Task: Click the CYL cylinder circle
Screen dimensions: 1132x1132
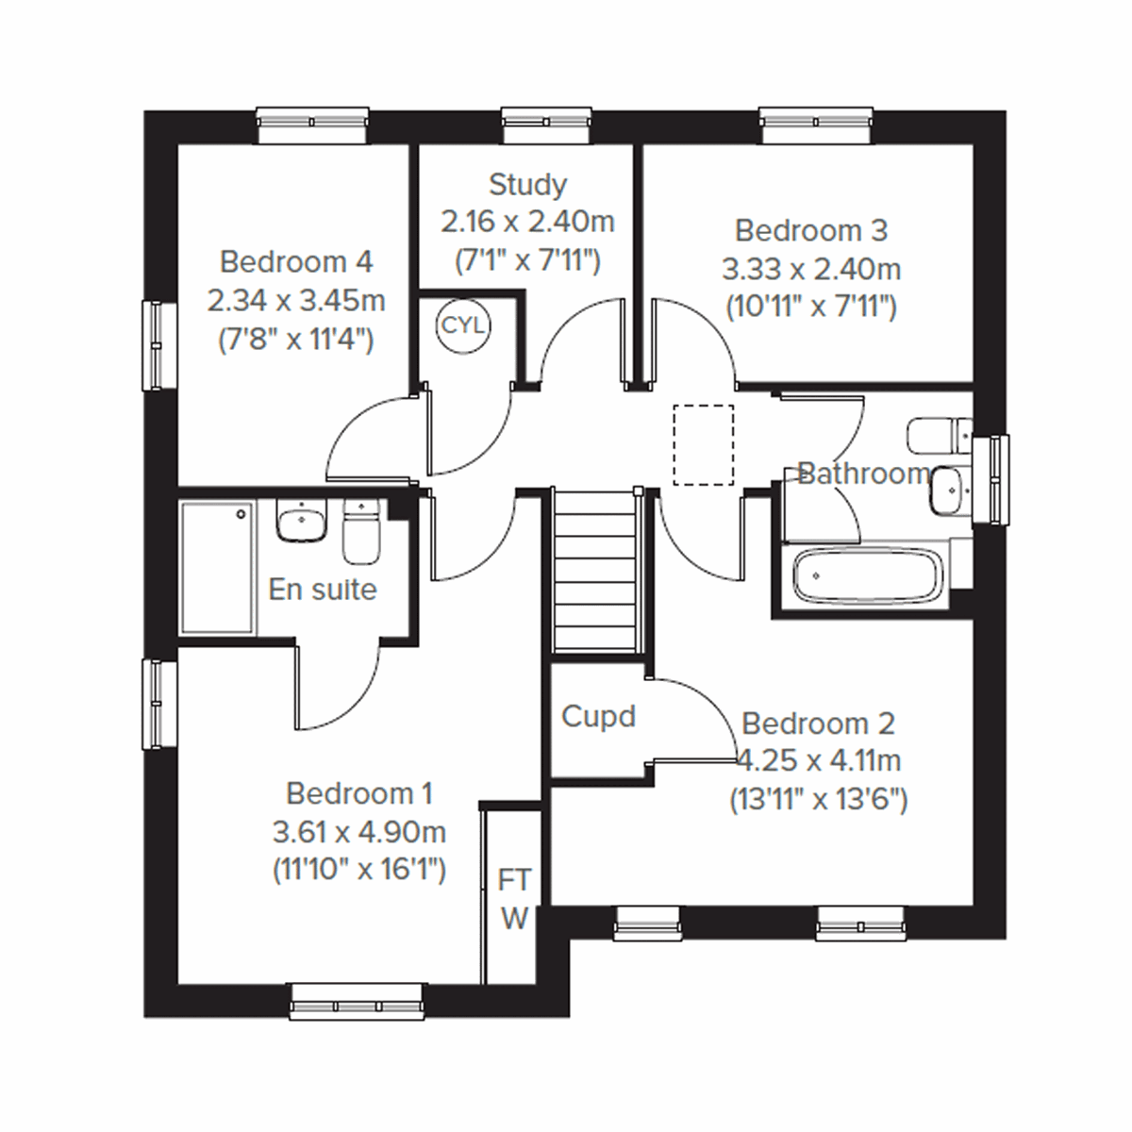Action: (x=462, y=325)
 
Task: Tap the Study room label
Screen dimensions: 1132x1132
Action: (x=527, y=184)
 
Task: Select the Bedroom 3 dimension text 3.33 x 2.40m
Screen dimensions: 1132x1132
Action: (x=811, y=270)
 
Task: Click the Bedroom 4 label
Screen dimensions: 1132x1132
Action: (x=296, y=261)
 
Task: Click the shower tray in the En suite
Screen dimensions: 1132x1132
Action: (x=218, y=567)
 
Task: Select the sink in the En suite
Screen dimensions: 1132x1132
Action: (x=301, y=522)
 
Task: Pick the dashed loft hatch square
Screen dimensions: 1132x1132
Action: (x=704, y=444)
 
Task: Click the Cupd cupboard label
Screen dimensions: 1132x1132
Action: (x=598, y=717)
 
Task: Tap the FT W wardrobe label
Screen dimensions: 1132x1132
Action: (x=514, y=899)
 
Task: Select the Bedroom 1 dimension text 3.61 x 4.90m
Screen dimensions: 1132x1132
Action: (x=358, y=833)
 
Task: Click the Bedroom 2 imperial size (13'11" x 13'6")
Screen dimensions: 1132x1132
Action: (x=818, y=800)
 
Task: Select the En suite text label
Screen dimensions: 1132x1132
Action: (x=323, y=590)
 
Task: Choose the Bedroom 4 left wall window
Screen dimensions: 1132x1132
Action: (x=159, y=344)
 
